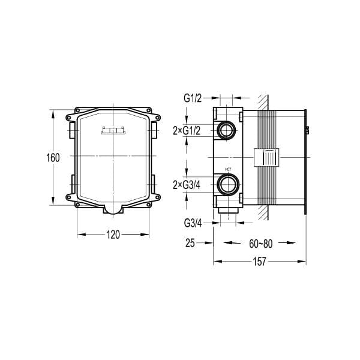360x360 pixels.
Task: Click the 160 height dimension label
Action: pos(53,158)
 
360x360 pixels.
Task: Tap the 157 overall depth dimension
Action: pos(260,262)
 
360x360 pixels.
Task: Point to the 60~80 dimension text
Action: pos(260,244)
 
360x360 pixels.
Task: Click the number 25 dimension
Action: pos(190,244)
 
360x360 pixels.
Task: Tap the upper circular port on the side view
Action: pos(227,130)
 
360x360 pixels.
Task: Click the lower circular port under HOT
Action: pos(227,184)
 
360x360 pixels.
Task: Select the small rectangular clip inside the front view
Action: pos(113,130)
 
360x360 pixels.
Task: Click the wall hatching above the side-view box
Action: pos(262,102)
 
